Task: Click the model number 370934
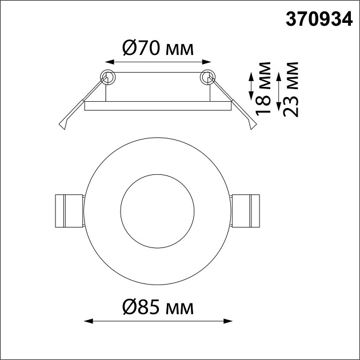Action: click(319, 19)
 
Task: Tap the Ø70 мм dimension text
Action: click(158, 48)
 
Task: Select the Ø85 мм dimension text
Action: click(158, 308)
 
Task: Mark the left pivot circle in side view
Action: click(107, 76)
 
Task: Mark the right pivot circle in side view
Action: click(207, 76)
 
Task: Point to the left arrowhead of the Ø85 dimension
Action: click(87, 322)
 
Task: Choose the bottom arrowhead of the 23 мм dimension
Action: click(278, 113)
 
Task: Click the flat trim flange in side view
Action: click(158, 106)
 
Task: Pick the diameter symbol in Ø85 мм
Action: click(129, 308)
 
